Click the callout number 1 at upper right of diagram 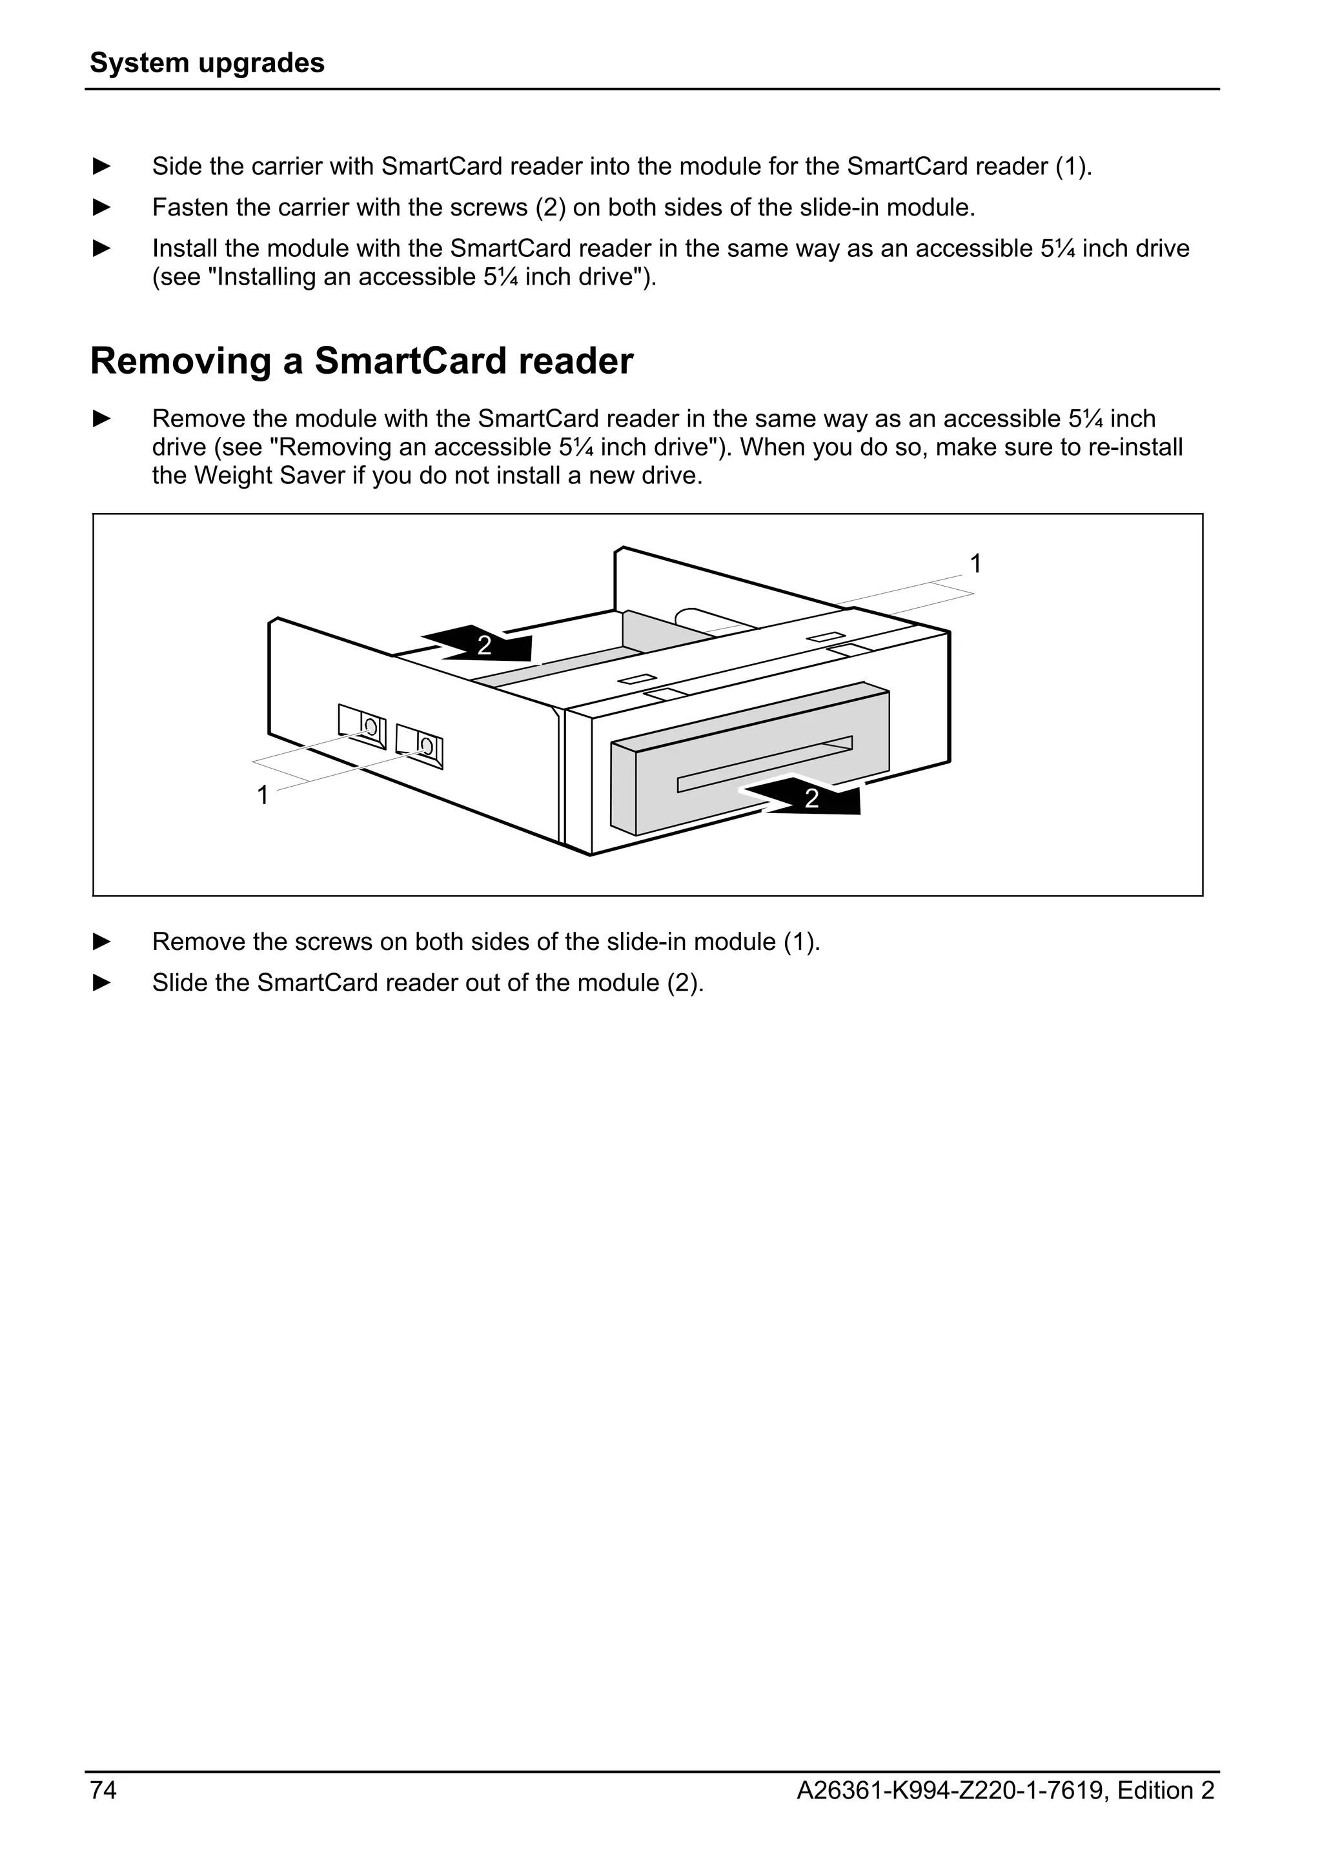975,564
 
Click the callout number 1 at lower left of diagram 262,795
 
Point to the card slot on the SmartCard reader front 764,764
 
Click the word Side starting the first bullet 176,166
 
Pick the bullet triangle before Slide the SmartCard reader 101,982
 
